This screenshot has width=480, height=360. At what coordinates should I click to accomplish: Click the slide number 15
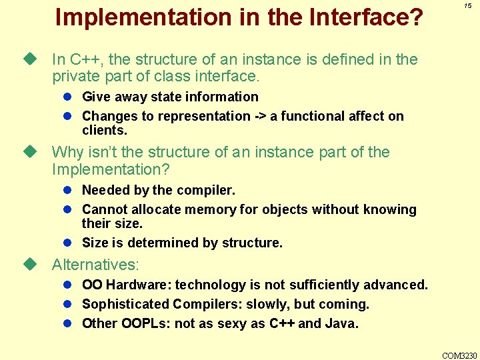click(467, 5)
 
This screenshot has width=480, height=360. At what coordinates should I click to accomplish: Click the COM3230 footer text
click(460, 355)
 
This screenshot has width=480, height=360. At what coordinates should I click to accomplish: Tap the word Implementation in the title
click(138, 17)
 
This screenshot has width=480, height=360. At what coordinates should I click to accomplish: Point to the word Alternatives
click(95, 264)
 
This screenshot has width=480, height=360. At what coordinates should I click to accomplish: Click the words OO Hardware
click(126, 285)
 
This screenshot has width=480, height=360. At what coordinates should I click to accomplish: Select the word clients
click(103, 130)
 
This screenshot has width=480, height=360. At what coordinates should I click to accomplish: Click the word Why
click(67, 152)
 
